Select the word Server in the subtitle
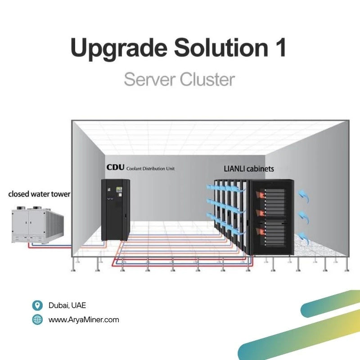click(149, 80)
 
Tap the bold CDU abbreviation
click(115, 167)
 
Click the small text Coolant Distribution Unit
click(151, 168)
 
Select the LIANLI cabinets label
click(249, 169)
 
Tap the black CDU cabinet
click(116, 209)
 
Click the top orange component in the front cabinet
click(260, 194)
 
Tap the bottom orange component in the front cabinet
click(260, 232)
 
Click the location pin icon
click(37, 305)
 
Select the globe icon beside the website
click(37, 320)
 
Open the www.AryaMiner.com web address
click(84, 320)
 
